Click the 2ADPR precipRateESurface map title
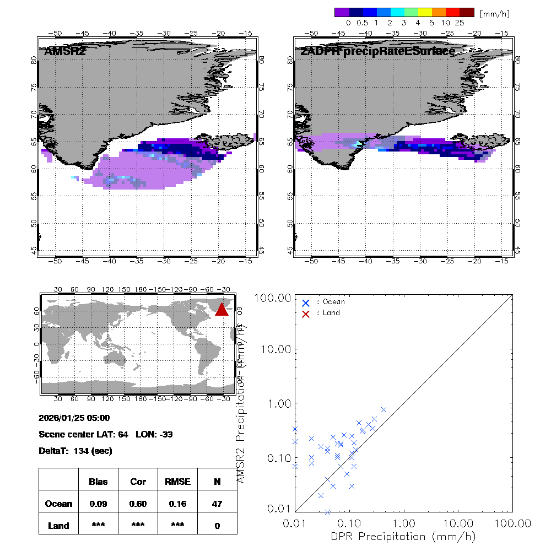pyautogui.click(x=377, y=52)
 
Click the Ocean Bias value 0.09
pyautogui.click(x=98, y=504)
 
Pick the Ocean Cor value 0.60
pyautogui.click(x=138, y=504)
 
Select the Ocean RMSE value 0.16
pyautogui.click(x=177, y=504)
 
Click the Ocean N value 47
pyautogui.click(x=217, y=504)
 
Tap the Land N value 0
pyautogui.click(x=217, y=526)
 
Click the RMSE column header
pyautogui.click(x=177, y=482)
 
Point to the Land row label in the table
pyautogui.click(x=58, y=526)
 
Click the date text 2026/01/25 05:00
pyautogui.click(x=74, y=418)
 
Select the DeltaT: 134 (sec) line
pyautogui.click(x=75, y=451)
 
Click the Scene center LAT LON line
pyautogui.click(x=106, y=434)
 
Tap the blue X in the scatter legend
pyautogui.click(x=306, y=302)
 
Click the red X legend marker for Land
pyautogui.click(x=306, y=313)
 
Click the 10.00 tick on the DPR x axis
pyautogui.click(x=458, y=523)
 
